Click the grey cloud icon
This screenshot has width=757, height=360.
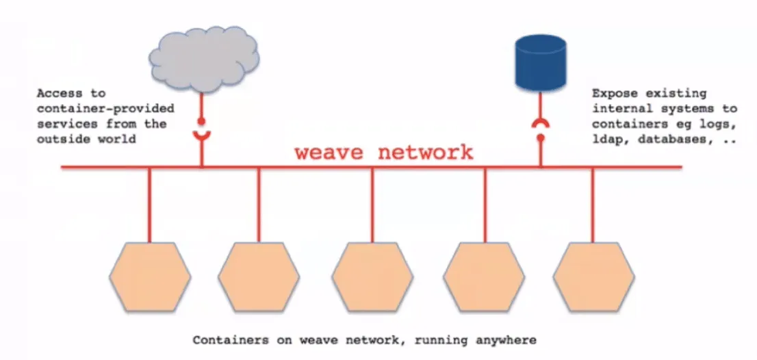(x=204, y=59)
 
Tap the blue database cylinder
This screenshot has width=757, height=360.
(x=540, y=63)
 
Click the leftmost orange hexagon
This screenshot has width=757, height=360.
(x=150, y=277)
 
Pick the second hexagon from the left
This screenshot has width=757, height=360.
(x=259, y=277)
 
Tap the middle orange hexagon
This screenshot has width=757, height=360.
(x=372, y=277)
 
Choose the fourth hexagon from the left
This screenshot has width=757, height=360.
(x=484, y=277)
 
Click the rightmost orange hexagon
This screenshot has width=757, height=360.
(x=594, y=277)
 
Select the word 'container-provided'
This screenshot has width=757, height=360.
(x=105, y=109)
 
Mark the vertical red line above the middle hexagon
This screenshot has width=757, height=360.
(x=372, y=205)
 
